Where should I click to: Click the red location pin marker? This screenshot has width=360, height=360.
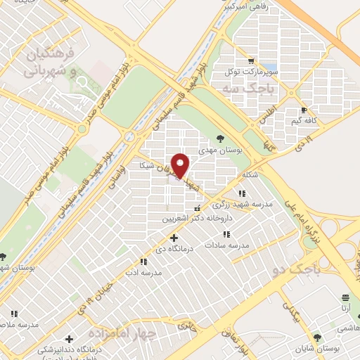181,165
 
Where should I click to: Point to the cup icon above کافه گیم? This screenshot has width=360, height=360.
303,110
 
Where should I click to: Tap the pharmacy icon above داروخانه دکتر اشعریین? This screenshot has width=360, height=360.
196,208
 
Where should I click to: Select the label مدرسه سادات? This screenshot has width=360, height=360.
228,245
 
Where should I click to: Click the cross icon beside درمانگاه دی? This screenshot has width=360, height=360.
174,238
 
